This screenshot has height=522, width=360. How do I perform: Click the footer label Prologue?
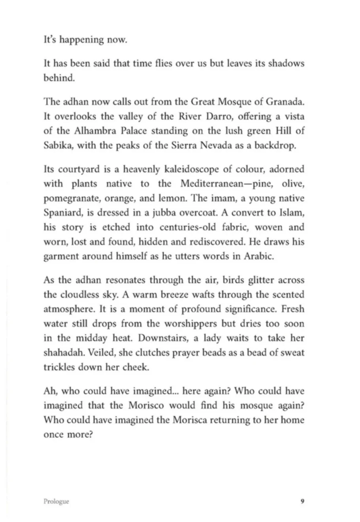56,501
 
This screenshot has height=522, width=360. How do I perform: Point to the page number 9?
302,501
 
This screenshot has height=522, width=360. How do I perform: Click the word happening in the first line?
81,40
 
